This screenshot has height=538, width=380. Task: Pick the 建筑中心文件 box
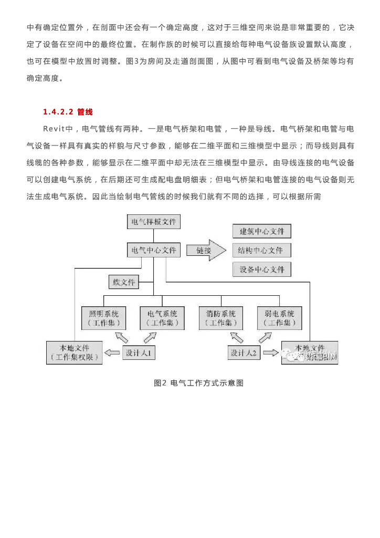click(261, 231)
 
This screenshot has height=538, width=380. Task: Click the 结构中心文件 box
click(261, 250)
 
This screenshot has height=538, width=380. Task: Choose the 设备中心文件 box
click(261, 269)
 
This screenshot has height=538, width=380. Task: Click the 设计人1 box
click(139, 353)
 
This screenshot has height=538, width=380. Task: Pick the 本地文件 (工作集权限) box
click(74, 353)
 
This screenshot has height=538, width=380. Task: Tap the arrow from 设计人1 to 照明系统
click(121, 336)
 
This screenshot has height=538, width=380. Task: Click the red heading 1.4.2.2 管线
click(68, 112)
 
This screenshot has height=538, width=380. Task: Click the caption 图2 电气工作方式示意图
click(198, 383)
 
